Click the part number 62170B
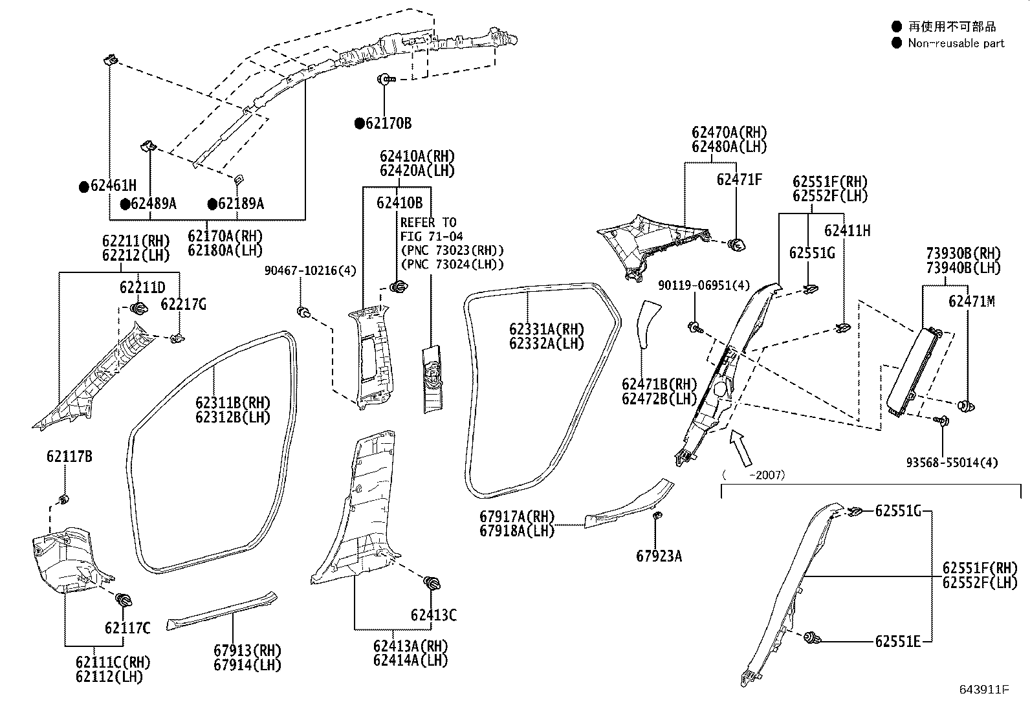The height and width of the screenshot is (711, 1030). point(388,124)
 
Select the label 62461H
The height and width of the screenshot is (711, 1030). point(113,186)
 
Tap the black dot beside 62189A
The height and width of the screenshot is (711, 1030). point(212,204)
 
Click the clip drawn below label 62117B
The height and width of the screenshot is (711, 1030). point(64,499)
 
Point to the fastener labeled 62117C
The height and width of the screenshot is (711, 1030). point(122,600)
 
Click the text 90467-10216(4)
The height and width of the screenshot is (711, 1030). point(310,270)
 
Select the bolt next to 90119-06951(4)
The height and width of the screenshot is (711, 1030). point(696,327)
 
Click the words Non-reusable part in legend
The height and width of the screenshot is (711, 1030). point(956,43)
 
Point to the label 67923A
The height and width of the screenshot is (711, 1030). point(659,556)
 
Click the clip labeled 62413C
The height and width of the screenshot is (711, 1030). point(432,583)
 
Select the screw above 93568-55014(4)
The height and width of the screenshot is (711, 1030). point(942,421)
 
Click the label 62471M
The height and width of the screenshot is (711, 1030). point(972,301)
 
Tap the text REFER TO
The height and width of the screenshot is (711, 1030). point(428,223)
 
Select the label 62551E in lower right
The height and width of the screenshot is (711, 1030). point(897,641)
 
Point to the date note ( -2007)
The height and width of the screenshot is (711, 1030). point(754,475)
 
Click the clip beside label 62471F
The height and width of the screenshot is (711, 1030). point(737,245)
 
